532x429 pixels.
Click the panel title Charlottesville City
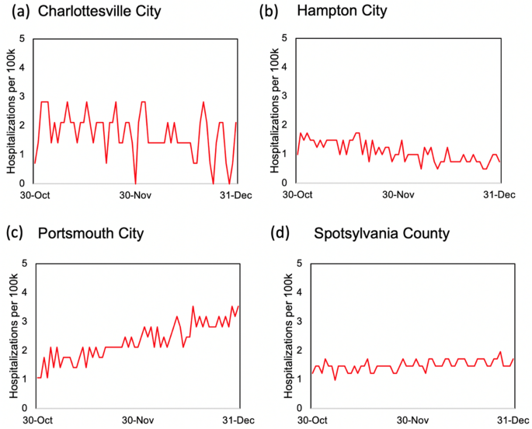101,12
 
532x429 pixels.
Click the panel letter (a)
17,12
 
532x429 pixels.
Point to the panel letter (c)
17,233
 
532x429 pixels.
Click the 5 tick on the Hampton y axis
286,37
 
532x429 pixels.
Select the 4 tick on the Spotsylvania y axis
286,292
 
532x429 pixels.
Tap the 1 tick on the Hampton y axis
286,154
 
